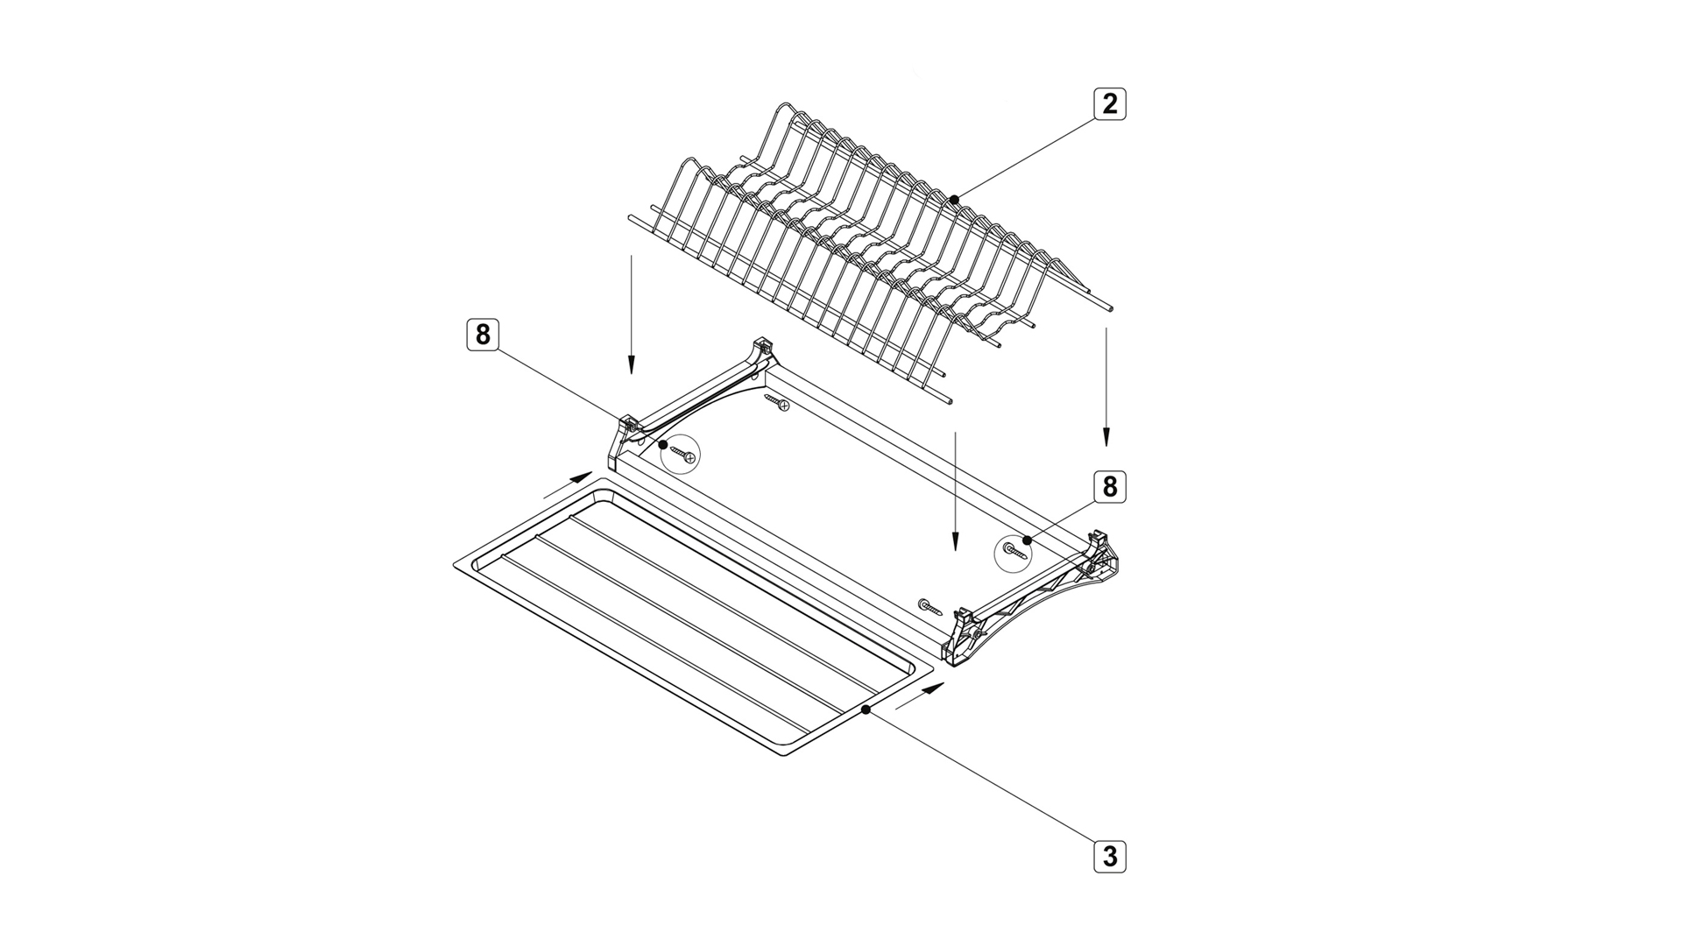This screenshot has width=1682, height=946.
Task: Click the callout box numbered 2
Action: click(1110, 104)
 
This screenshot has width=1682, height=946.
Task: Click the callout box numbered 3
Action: click(1110, 856)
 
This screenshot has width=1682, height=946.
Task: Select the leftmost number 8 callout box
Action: click(482, 335)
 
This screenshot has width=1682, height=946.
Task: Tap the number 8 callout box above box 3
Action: click(1110, 486)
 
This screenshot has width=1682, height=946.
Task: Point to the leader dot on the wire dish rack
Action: click(954, 200)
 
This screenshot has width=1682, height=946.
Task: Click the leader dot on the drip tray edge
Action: click(866, 710)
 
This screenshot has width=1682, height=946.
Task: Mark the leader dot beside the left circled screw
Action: click(663, 445)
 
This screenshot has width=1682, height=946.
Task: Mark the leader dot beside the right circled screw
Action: click(1026, 540)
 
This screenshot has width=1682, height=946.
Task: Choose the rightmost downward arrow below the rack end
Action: click(1106, 387)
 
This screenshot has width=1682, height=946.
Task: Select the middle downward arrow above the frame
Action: click(955, 491)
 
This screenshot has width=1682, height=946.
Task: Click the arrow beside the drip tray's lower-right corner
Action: click(920, 695)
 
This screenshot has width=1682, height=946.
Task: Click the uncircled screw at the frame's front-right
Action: click(929, 606)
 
